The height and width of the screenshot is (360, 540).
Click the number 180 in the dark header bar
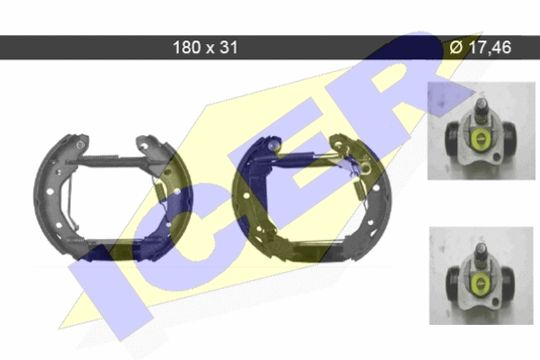[x=186, y=47]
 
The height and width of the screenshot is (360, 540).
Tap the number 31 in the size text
[x=229, y=47]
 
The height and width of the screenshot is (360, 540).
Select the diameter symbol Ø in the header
[x=457, y=47]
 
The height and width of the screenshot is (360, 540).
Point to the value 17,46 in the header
[x=490, y=47]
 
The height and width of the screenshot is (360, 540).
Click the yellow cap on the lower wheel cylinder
[x=480, y=284]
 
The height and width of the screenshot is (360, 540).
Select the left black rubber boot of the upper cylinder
[x=453, y=139]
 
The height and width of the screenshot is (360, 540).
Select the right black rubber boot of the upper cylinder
[x=508, y=139]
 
